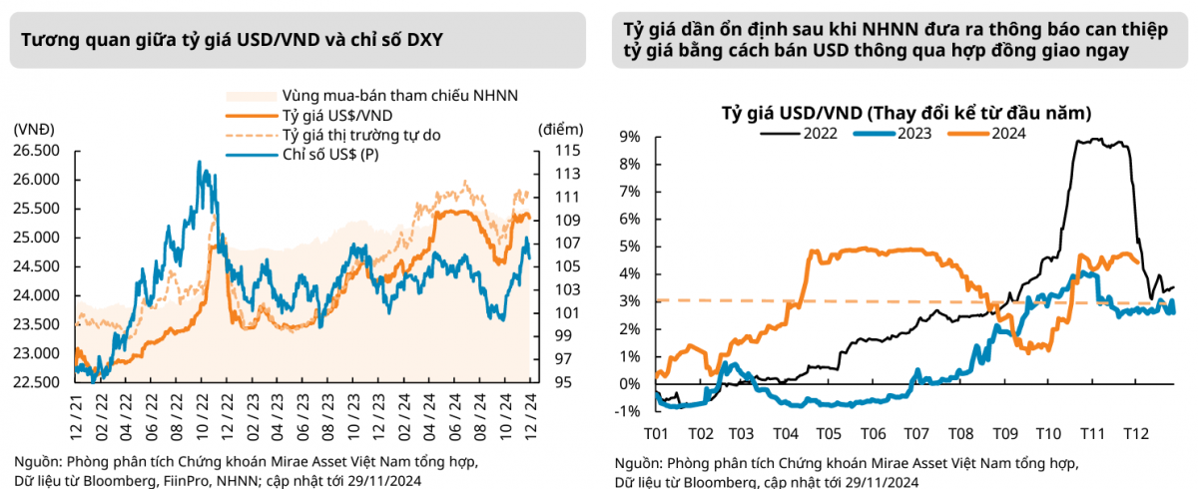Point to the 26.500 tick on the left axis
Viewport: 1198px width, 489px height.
pos(35,151)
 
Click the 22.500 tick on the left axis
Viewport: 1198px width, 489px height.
pos(35,382)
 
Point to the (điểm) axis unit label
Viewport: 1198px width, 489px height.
pos(558,130)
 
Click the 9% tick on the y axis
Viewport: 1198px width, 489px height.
pos(631,137)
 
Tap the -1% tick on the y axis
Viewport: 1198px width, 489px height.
pos(627,411)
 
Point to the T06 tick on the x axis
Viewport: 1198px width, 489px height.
pos(873,435)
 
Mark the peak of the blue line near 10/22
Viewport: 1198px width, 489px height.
pos(200,162)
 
